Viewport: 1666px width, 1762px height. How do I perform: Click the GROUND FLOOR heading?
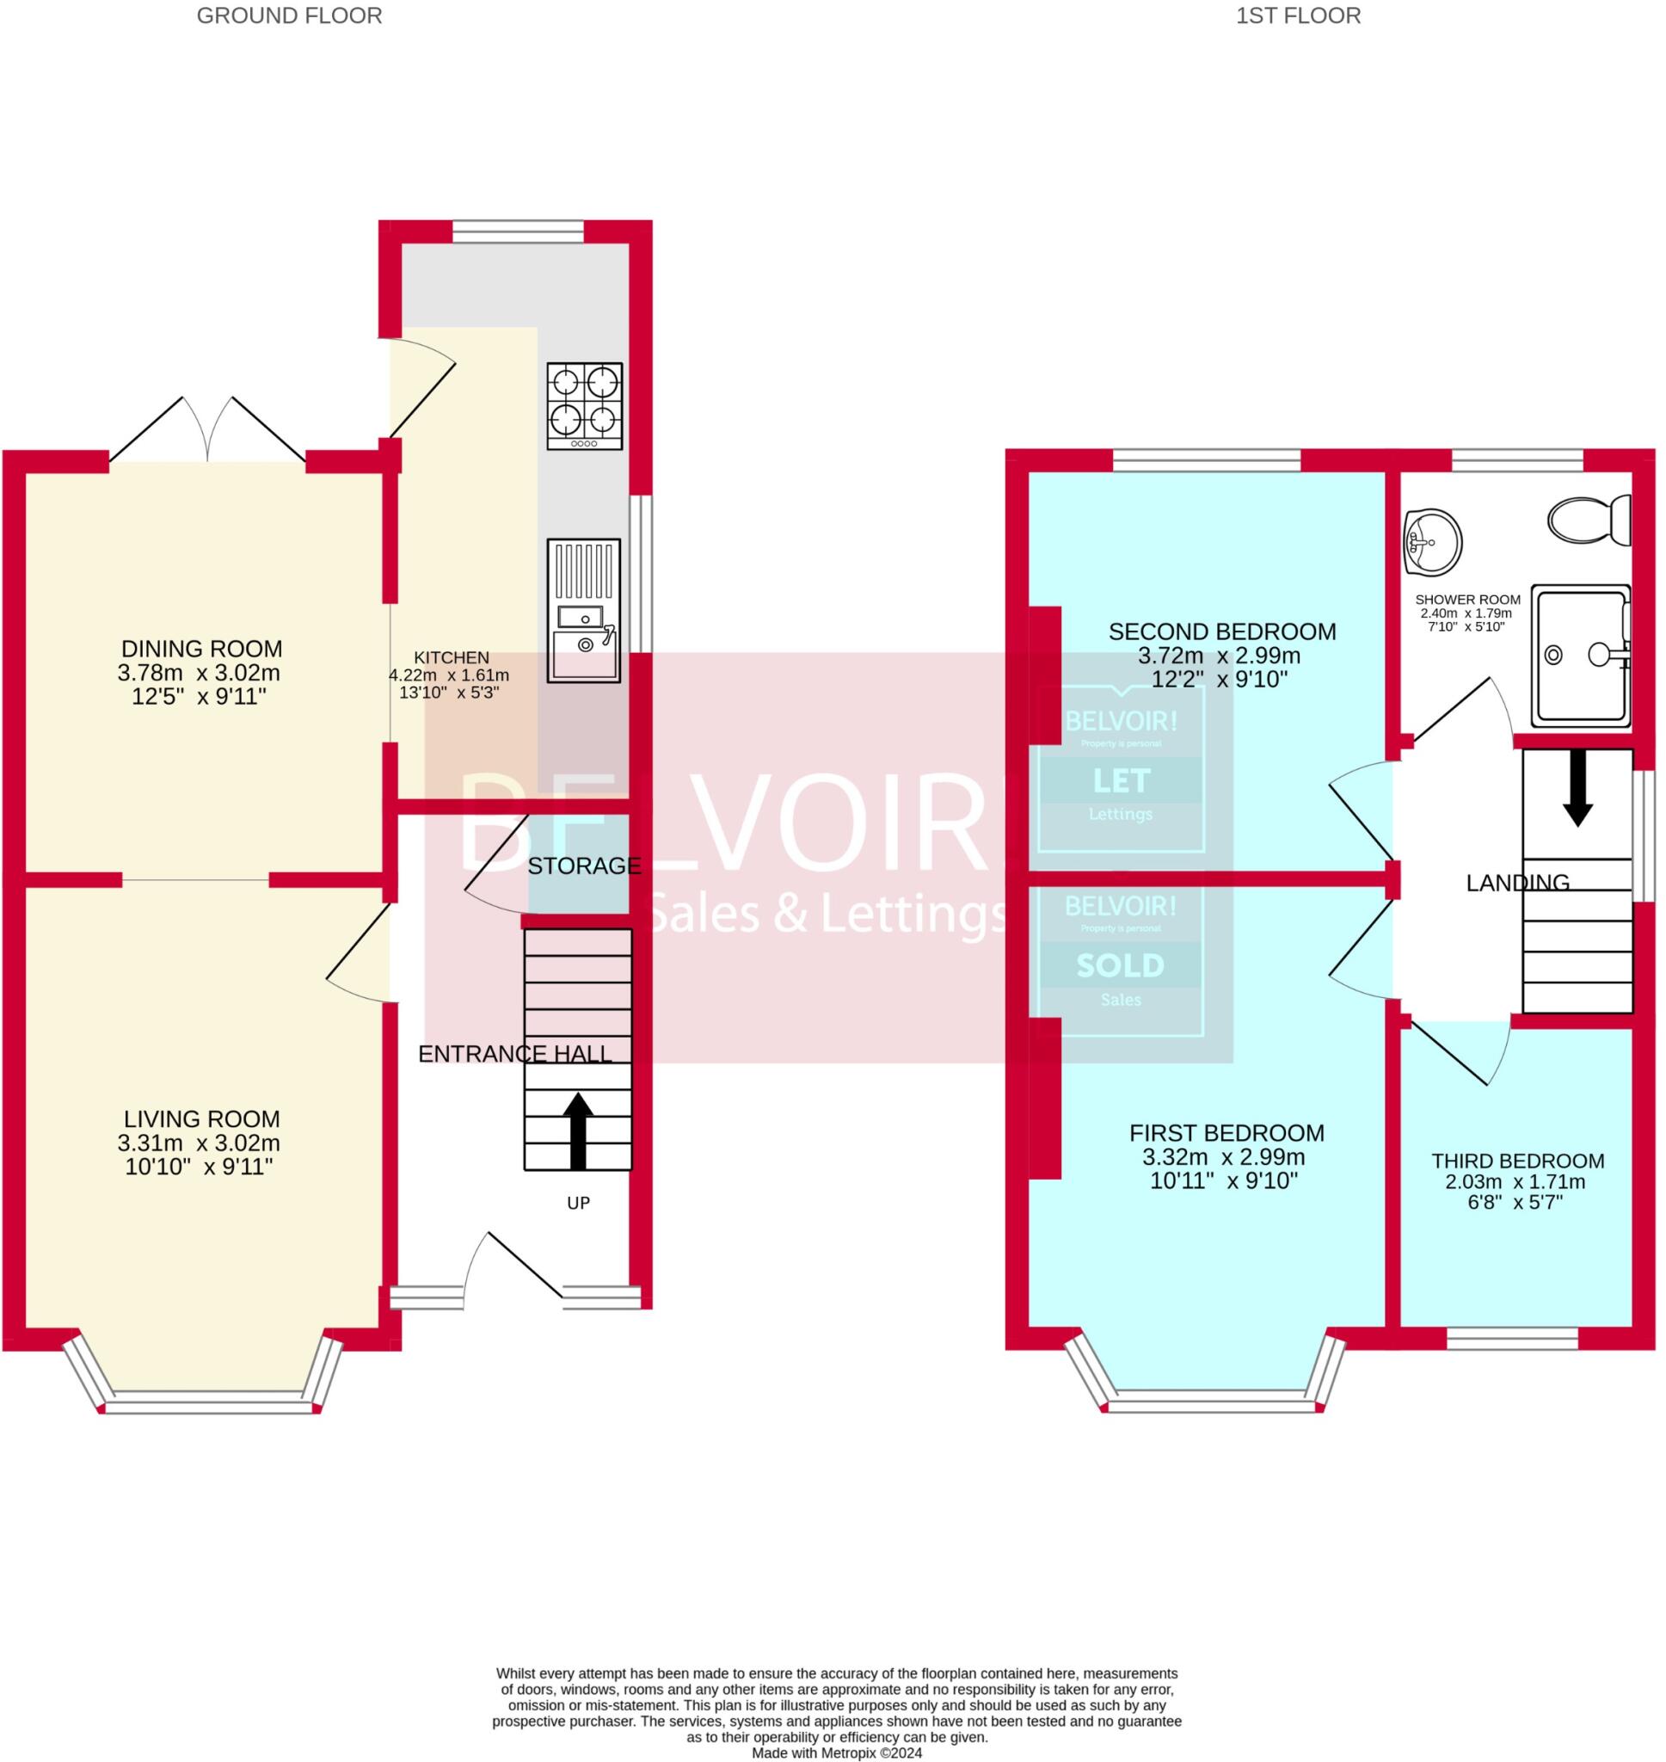tap(290, 16)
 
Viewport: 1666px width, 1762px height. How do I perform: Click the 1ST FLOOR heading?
tap(1298, 16)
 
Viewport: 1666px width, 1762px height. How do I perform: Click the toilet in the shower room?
tap(1589, 520)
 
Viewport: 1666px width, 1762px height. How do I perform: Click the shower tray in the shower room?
tap(1582, 656)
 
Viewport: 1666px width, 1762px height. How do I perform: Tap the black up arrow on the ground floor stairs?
tap(578, 1129)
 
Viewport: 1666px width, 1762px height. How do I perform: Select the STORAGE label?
tap(584, 866)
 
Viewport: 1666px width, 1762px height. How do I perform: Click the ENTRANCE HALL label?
tap(515, 1053)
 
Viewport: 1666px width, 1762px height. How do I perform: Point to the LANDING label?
tap(1517, 883)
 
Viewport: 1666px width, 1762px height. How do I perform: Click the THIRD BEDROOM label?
tap(1517, 1161)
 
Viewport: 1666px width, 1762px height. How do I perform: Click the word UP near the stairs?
tap(578, 1204)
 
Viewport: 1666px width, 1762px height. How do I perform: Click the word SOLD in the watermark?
tap(1120, 966)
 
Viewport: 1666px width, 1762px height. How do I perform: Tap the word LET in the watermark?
tap(1122, 780)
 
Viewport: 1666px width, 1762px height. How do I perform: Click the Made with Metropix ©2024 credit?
tap(837, 1753)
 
